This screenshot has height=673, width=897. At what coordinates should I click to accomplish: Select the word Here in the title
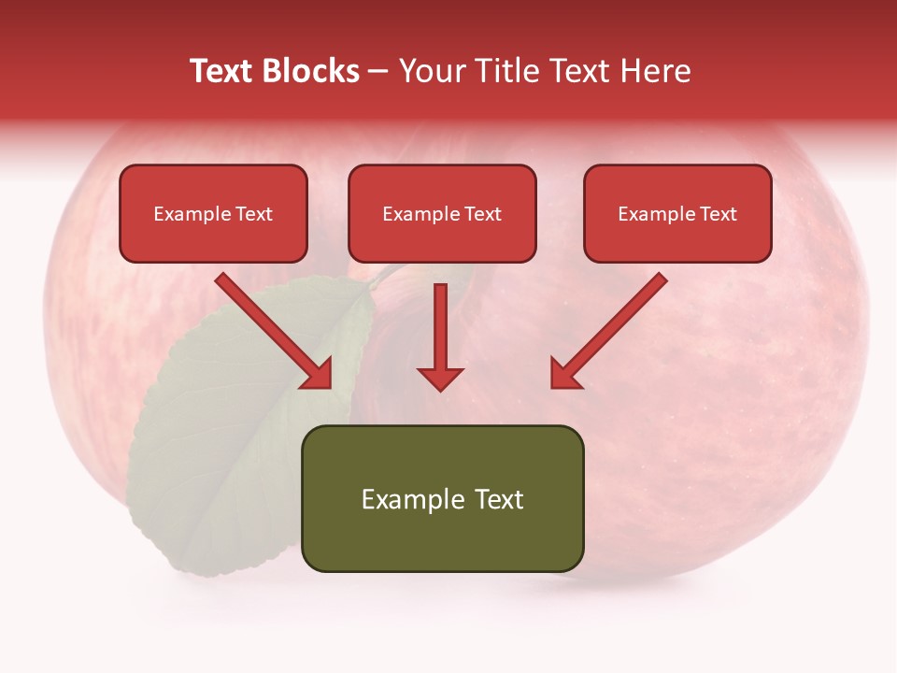point(657,71)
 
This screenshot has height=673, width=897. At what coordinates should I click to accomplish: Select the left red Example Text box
point(213,213)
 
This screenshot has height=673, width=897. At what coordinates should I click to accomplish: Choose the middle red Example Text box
point(442,213)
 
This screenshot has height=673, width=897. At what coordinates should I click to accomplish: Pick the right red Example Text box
point(677,213)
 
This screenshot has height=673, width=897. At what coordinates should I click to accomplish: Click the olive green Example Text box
point(442,498)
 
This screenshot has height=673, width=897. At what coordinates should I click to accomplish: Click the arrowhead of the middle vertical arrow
point(440,378)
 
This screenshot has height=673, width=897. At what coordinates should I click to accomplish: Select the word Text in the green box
point(498,499)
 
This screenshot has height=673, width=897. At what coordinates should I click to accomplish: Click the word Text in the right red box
point(719,214)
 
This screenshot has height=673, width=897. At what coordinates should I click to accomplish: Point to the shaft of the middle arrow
point(440,322)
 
